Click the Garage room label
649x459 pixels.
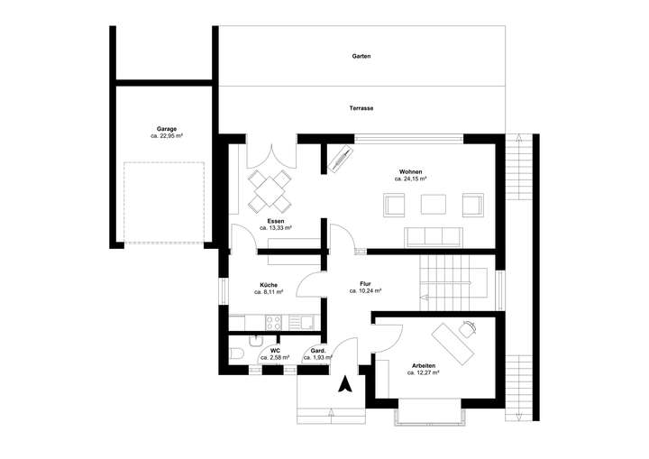[166, 128]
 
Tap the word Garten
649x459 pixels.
[361, 56]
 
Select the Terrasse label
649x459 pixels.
[361, 108]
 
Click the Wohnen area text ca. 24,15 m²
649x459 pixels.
[410, 179]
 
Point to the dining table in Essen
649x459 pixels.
[270, 188]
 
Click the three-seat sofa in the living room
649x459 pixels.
[433, 236]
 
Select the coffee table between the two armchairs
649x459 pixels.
[433, 205]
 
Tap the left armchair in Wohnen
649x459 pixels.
[394, 206]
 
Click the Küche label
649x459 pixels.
[269, 284]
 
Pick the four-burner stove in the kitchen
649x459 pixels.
[275, 322]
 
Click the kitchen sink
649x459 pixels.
[305, 322]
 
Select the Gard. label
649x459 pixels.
[317, 350]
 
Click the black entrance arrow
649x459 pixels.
[344, 385]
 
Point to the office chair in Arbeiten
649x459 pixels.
[467, 331]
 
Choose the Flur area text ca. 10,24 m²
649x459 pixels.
[365, 291]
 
